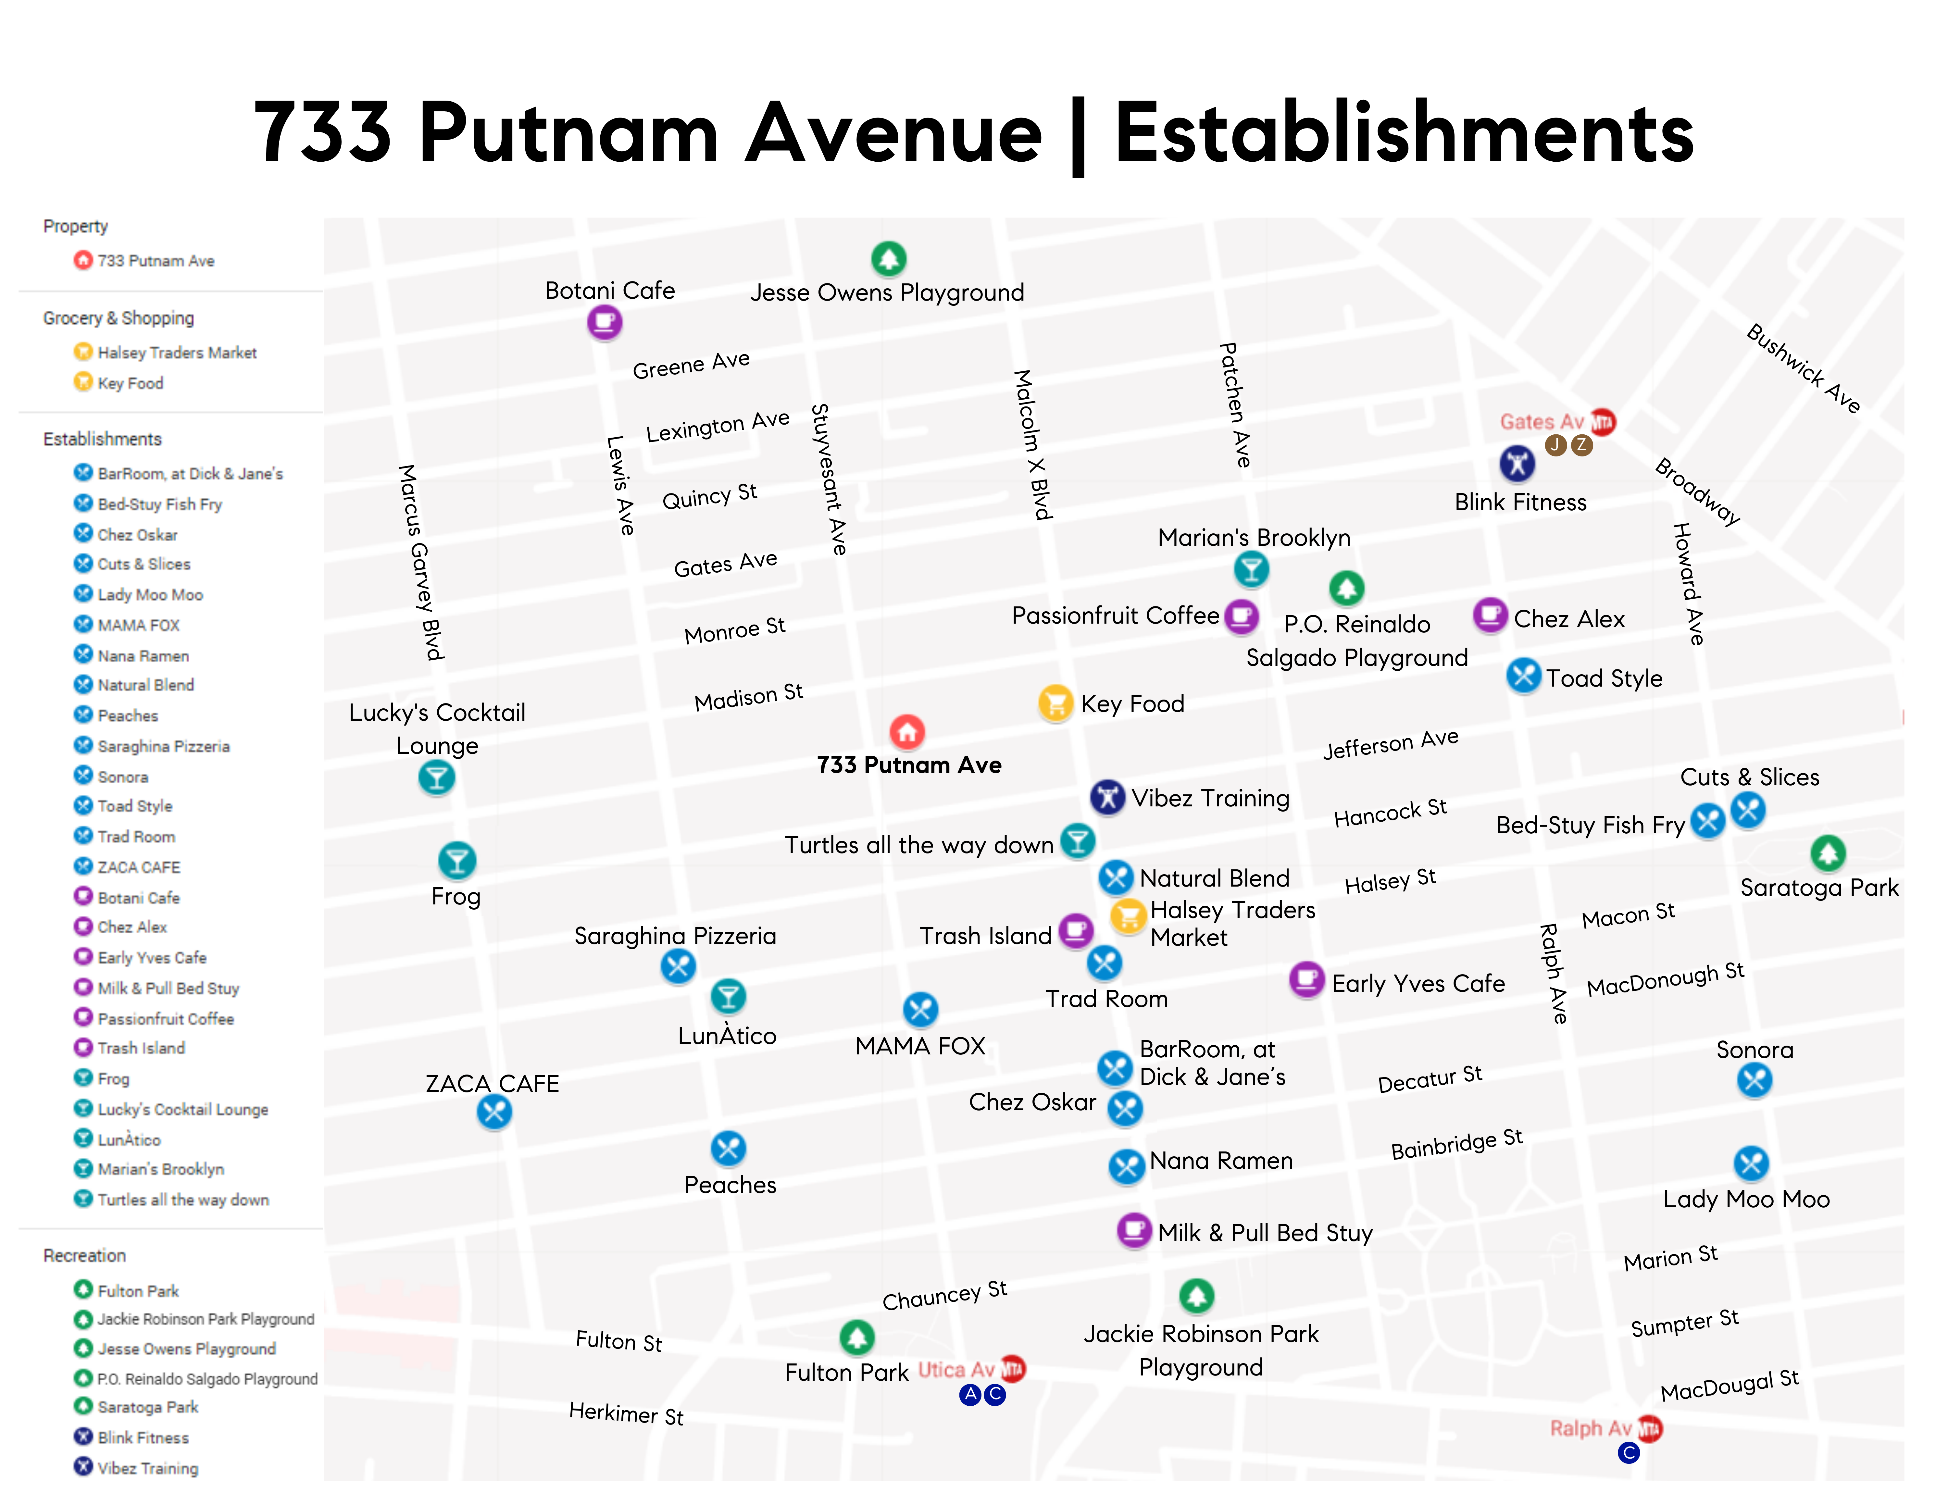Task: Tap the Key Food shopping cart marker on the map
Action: click(1055, 703)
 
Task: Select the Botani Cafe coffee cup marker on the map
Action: click(604, 322)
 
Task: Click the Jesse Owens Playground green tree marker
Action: click(888, 258)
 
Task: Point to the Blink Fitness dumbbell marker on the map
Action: click(1516, 463)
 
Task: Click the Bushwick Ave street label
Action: click(1803, 368)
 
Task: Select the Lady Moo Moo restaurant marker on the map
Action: click(1751, 1163)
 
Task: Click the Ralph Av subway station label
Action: click(1590, 1428)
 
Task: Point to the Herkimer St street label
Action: click(626, 1414)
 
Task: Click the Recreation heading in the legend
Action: click(85, 1255)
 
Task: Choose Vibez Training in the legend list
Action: click(147, 1468)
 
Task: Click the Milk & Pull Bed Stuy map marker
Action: click(1134, 1231)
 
